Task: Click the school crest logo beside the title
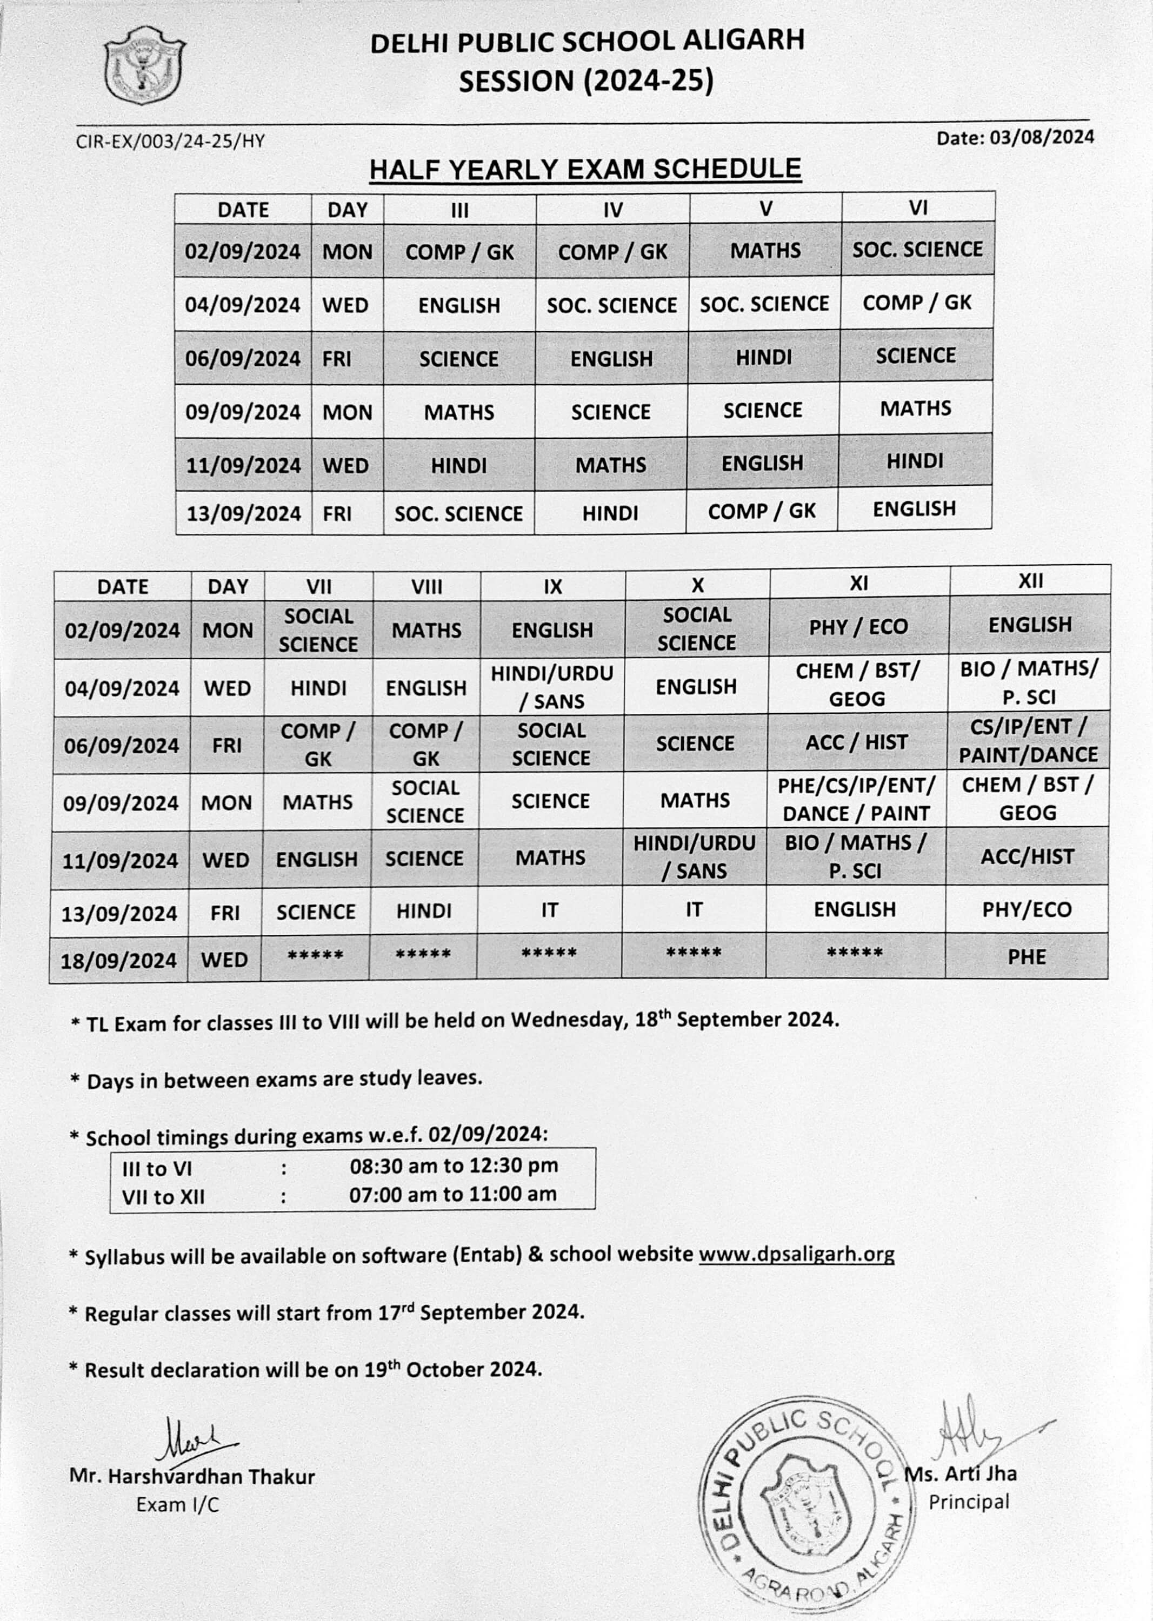pyautogui.click(x=144, y=65)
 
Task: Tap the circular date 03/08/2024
pyautogui.click(x=1015, y=137)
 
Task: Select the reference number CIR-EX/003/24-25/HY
pyautogui.click(x=170, y=141)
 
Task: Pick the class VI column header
pyautogui.click(x=918, y=207)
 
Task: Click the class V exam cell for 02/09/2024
pyautogui.click(x=765, y=251)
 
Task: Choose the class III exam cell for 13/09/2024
pyautogui.click(x=458, y=513)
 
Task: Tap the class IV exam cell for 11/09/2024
pyautogui.click(x=611, y=465)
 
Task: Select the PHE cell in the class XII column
pyautogui.click(x=1027, y=957)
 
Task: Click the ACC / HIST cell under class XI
pyautogui.click(x=856, y=742)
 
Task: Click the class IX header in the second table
pyautogui.click(x=552, y=586)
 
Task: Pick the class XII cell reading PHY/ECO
pyautogui.click(x=1027, y=909)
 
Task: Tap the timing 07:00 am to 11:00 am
pyautogui.click(x=452, y=1195)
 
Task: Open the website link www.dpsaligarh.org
pyautogui.click(x=796, y=1254)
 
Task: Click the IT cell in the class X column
pyautogui.click(x=694, y=910)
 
